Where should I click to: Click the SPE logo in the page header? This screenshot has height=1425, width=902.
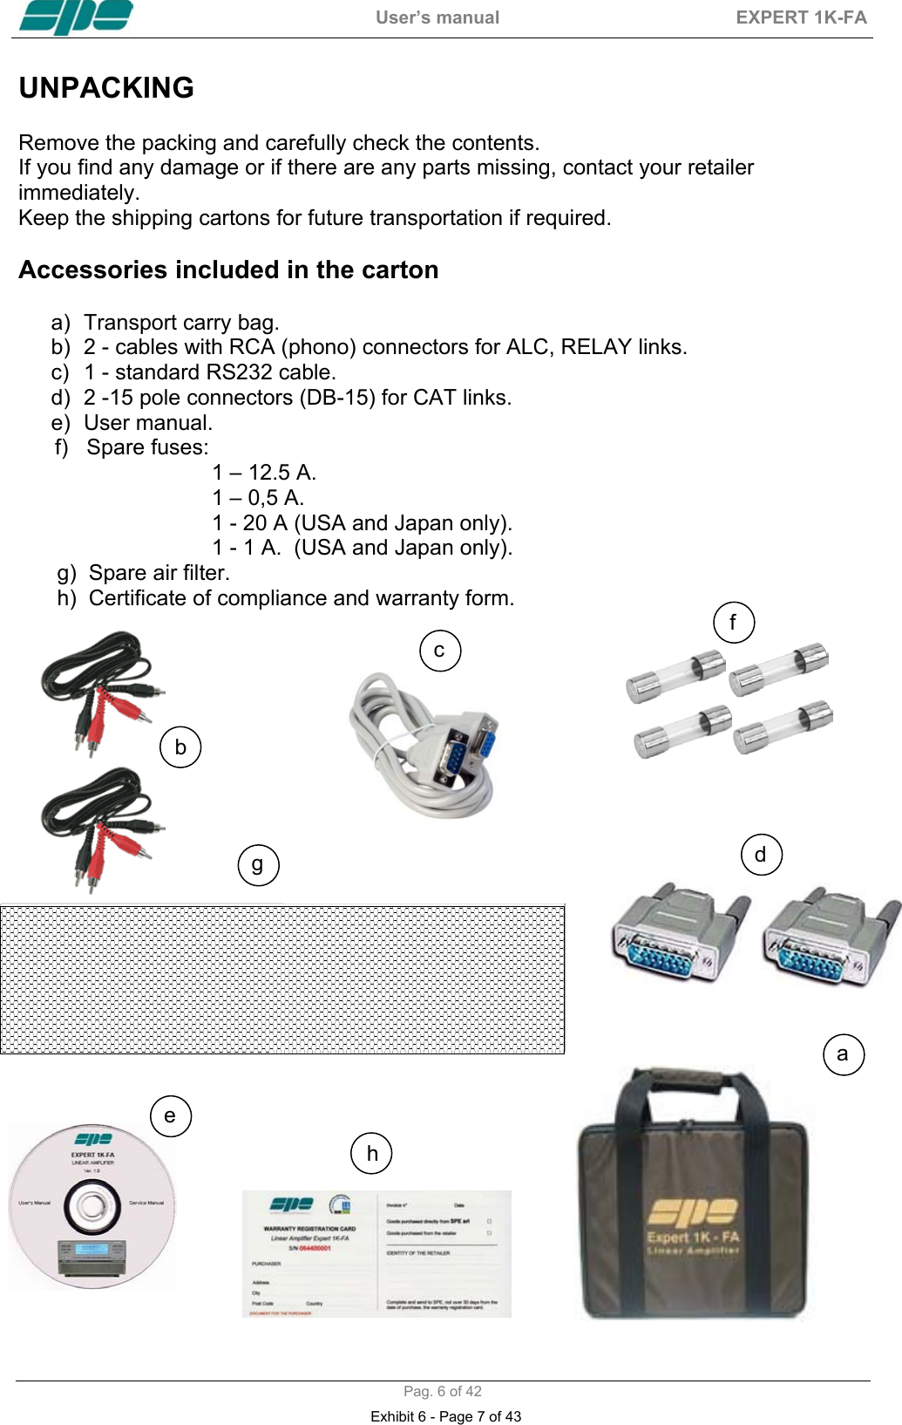pos(76,17)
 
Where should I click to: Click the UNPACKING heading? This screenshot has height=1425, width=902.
pos(106,88)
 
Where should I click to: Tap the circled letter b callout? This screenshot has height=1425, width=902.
pos(180,747)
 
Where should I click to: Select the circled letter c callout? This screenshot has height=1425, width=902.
pos(440,651)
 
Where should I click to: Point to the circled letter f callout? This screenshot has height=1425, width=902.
pos(733,623)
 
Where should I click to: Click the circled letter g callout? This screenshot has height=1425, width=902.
pos(258,865)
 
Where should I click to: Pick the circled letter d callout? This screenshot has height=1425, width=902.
pos(761,855)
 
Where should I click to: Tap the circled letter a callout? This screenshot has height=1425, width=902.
pos(843,1054)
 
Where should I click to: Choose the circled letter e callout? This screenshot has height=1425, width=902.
pos(170,1116)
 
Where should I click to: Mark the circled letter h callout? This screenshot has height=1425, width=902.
pos(372,1154)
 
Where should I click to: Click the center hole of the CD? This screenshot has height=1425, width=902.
pos(92,1206)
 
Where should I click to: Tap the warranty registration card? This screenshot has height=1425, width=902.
pos(376,1253)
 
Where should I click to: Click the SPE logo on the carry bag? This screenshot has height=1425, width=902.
pos(693,1212)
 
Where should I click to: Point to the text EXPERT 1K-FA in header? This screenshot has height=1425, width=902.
pos(801,17)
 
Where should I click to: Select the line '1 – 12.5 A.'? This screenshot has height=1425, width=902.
pos(264,473)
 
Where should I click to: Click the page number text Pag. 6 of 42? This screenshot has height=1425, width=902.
pos(442,1391)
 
